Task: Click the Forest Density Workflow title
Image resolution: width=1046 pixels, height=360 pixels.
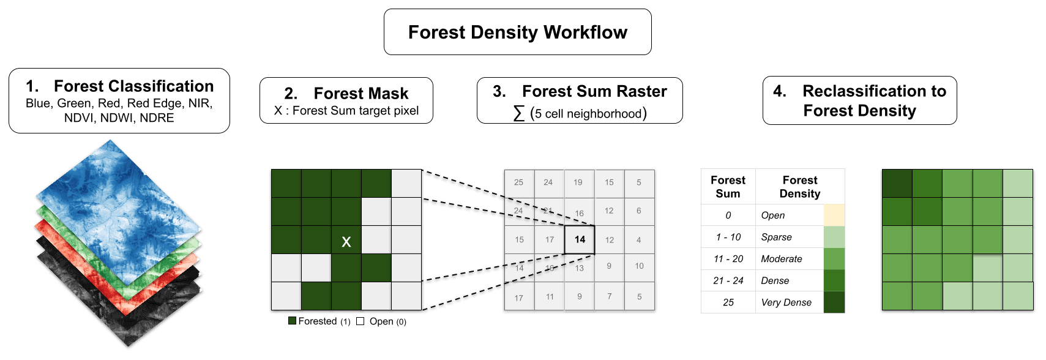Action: (x=517, y=32)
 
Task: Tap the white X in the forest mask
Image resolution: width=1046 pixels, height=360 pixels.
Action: (x=346, y=242)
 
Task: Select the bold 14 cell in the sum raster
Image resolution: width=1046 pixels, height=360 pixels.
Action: (x=580, y=239)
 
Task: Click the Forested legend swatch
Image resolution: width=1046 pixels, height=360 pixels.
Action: (x=293, y=321)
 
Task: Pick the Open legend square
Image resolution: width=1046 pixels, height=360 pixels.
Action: (x=360, y=321)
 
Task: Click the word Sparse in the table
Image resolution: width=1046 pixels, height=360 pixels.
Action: (x=776, y=237)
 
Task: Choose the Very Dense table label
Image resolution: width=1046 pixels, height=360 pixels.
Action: (x=786, y=302)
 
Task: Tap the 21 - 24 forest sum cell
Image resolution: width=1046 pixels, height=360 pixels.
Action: (x=728, y=280)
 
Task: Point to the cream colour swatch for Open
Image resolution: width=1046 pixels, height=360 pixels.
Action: (x=834, y=215)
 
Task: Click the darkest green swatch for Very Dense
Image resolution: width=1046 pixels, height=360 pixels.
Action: (x=834, y=302)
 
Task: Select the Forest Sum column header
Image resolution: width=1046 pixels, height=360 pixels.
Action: (x=728, y=187)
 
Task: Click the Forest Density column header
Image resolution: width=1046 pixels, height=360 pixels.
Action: (x=799, y=187)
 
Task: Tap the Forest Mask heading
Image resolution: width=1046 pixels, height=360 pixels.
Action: (x=360, y=94)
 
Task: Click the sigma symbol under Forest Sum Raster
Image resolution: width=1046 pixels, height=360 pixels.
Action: (x=519, y=113)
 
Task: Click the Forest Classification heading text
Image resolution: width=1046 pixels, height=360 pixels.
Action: (x=133, y=86)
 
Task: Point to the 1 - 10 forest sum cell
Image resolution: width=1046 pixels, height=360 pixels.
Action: (x=728, y=237)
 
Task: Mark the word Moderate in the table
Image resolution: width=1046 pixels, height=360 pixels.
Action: (x=781, y=259)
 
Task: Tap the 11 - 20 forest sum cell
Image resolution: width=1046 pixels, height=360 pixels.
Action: (x=728, y=259)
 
